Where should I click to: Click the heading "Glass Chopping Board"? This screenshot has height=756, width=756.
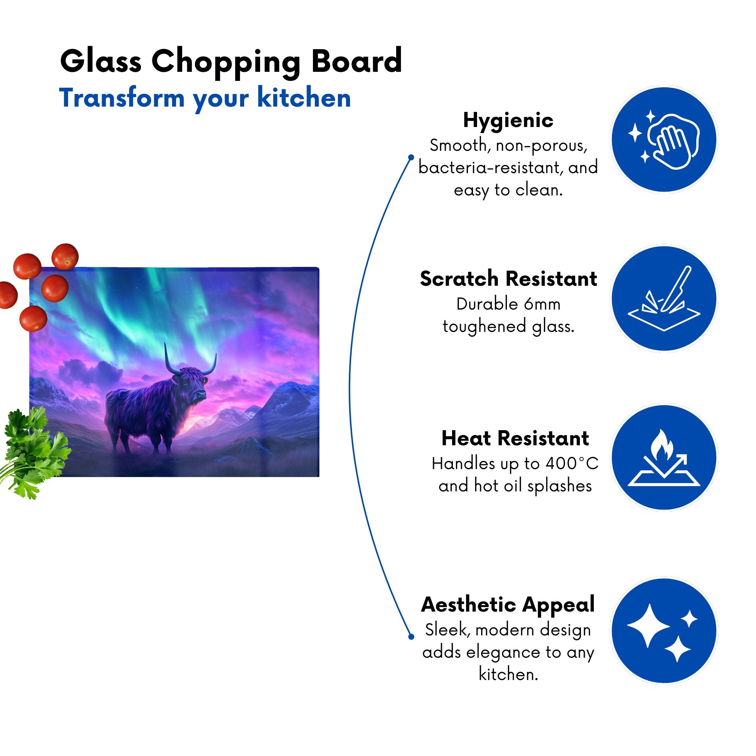pyautogui.click(x=231, y=62)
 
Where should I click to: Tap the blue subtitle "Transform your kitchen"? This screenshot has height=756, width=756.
pyautogui.click(x=204, y=98)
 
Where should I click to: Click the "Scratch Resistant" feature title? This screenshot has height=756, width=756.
pyautogui.click(x=508, y=279)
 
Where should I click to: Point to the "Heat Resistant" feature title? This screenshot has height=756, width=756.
pyautogui.click(x=515, y=438)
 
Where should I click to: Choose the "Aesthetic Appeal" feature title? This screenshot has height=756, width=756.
pyautogui.click(x=508, y=605)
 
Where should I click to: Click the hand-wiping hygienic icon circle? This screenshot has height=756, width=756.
pyautogui.click(x=664, y=139)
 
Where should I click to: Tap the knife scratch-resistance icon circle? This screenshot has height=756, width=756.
pyautogui.click(x=664, y=298)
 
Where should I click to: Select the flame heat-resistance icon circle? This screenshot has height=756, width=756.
pyautogui.click(x=664, y=457)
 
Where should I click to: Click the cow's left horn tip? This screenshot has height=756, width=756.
pyautogui.click(x=165, y=344)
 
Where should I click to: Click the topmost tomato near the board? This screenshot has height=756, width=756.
pyautogui.click(x=65, y=256)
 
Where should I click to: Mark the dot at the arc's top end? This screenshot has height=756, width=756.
pyautogui.click(x=411, y=157)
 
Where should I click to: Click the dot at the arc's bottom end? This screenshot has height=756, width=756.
pyautogui.click(x=411, y=637)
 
